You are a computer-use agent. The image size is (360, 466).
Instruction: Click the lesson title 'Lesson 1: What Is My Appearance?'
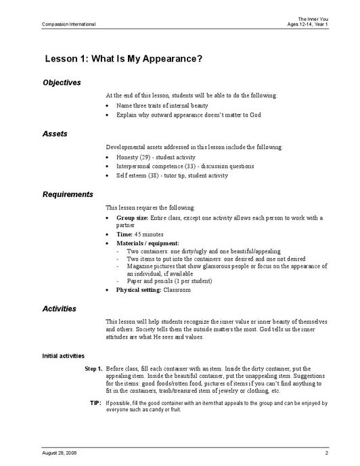pyautogui.click(x=123, y=59)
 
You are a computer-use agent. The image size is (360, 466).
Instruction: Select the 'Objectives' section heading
pyautogui.click(x=62, y=83)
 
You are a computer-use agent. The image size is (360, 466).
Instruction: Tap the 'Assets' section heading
pyautogui.click(x=55, y=134)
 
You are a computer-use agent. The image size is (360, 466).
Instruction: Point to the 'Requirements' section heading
pyautogui.click(x=68, y=194)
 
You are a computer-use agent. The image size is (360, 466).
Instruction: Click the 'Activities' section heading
pyautogui.click(x=60, y=309)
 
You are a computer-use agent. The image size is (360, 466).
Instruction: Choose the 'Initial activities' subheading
pyautogui.click(x=63, y=356)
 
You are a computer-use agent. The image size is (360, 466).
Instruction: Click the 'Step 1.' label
pyautogui.click(x=93, y=368)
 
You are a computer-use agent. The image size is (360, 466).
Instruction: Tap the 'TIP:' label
pyautogui.click(x=95, y=403)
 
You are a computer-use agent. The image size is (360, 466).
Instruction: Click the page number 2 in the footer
pyautogui.click(x=326, y=451)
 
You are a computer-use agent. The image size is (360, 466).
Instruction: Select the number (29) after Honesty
pyautogui.click(x=145, y=156)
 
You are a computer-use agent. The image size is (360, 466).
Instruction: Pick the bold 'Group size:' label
pyautogui.click(x=133, y=218)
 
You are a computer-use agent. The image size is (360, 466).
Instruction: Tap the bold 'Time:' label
pyautogui.click(x=125, y=234)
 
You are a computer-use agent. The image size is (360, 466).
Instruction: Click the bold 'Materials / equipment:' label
pyautogui.click(x=148, y=242)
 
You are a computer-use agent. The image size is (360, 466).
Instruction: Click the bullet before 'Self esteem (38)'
pyautogui.click(x=109, y=175)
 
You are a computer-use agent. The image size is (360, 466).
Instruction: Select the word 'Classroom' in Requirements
pyautogui.click(x=177, y=290)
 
